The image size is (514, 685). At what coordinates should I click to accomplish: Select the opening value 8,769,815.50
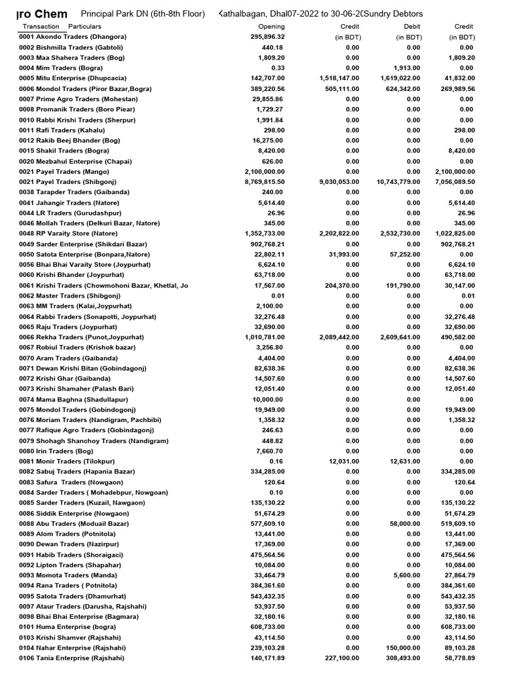(x=264, y=182)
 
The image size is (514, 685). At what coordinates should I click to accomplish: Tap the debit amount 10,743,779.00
(x=398, y=182)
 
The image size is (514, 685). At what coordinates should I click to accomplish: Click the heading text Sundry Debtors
(x=394, y=14)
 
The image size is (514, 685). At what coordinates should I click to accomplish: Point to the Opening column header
(x=271, y=27)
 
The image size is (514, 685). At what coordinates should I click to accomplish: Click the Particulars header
(x=84, y=27)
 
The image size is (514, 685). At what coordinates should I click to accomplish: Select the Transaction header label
(x=41, y=27)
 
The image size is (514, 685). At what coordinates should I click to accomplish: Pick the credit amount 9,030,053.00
(x=339, y=182)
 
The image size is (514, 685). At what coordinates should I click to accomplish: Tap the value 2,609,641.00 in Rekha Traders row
(x=400, y=337)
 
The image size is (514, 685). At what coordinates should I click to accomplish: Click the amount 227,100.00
(x=341, y=658)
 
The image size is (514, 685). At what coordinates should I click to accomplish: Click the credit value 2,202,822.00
(x=339, y=233)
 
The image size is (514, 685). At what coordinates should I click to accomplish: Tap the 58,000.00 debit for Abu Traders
(x=405, y=524)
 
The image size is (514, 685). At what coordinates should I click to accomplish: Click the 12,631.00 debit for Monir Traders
(x=405, y=462)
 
